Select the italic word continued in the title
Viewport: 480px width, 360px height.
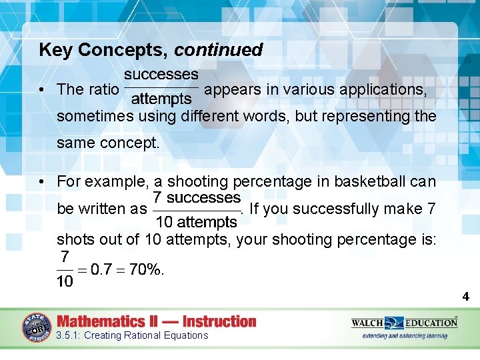click(219, 50)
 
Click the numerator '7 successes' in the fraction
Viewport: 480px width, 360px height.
click(196, 198)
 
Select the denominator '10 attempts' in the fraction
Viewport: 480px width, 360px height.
click(196, 222)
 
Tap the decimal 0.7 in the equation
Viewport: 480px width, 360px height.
click(101, 269)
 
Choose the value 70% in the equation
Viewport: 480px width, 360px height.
click(145, 269)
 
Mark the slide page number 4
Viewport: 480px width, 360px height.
click(466, 297)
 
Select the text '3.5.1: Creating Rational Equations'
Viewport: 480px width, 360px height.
click(132, 335)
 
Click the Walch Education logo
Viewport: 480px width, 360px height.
click(404, 323)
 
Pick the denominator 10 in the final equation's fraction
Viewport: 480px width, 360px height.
click(65, 282)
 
